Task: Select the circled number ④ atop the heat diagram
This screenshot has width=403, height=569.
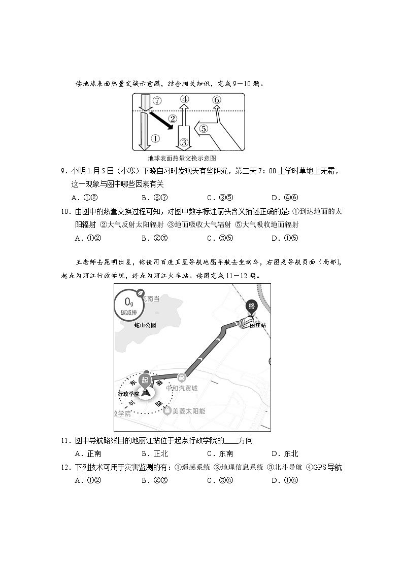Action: point(185,99)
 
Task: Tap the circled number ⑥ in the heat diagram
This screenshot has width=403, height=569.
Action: point(217,100)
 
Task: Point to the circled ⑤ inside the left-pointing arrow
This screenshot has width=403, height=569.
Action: point(204,129)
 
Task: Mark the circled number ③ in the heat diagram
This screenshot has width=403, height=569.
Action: point(184,142)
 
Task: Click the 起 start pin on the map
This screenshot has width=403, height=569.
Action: point(145,381)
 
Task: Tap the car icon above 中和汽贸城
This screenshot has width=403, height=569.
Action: point(181,377)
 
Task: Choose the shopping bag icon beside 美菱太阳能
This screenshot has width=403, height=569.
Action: point(167,411)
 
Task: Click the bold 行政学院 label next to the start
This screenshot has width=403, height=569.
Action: point(128,394)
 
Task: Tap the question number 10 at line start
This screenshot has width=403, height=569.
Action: point(65,211)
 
